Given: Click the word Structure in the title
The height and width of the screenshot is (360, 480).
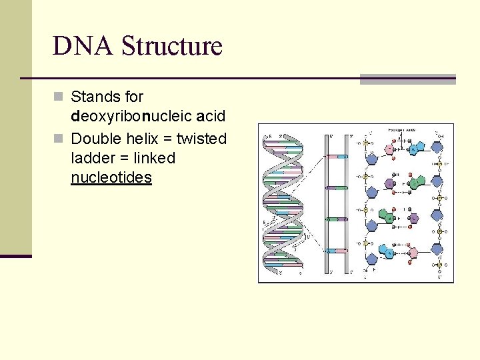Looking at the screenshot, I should (x=172, y=46).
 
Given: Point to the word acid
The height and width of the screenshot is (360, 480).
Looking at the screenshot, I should (x=211, y=116).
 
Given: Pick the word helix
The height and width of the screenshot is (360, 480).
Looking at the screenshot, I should (x=139, y=139).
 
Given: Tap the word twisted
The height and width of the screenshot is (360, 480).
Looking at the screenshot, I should (x=201, y=139).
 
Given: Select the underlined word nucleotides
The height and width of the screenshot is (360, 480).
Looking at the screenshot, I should (x=111, y=177).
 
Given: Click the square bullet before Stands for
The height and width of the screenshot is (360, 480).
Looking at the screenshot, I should (x=58, y=97).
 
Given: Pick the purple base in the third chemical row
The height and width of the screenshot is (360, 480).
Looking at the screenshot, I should (x=414, y=218).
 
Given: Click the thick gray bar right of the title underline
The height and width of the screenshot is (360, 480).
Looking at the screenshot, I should (x=407, y=79).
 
